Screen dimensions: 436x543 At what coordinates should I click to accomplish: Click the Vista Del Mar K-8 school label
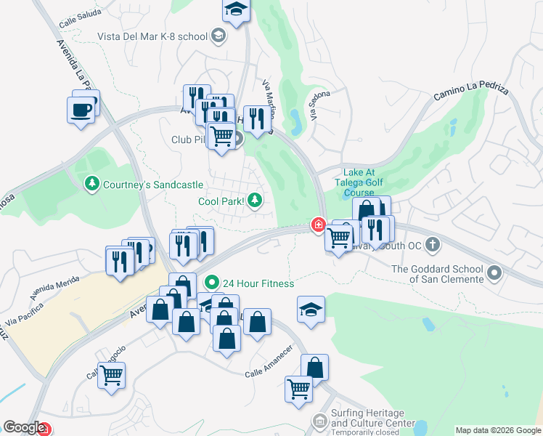coord(152,36)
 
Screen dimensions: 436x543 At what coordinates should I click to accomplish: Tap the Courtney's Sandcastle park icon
coord(91,185)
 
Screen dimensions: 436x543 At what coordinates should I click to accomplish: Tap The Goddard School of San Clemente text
coord(436,274)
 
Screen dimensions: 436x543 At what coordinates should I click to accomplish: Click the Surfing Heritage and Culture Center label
coord(373,419)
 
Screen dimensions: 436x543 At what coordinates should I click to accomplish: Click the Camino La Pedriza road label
coord(470,92)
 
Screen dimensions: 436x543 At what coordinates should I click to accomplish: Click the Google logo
coord(24,428)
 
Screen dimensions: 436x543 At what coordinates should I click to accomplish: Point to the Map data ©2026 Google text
coord(498,430)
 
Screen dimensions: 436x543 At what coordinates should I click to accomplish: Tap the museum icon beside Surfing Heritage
coord(319,421)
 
